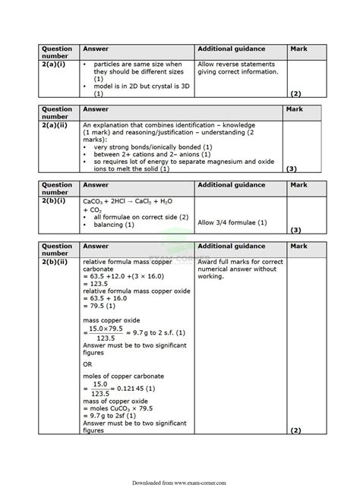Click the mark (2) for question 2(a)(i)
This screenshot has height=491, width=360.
(x=295, y=93)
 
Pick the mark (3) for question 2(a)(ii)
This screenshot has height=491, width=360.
(x=292, y=168)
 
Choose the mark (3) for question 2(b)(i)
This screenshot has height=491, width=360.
(x=295, y=229)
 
